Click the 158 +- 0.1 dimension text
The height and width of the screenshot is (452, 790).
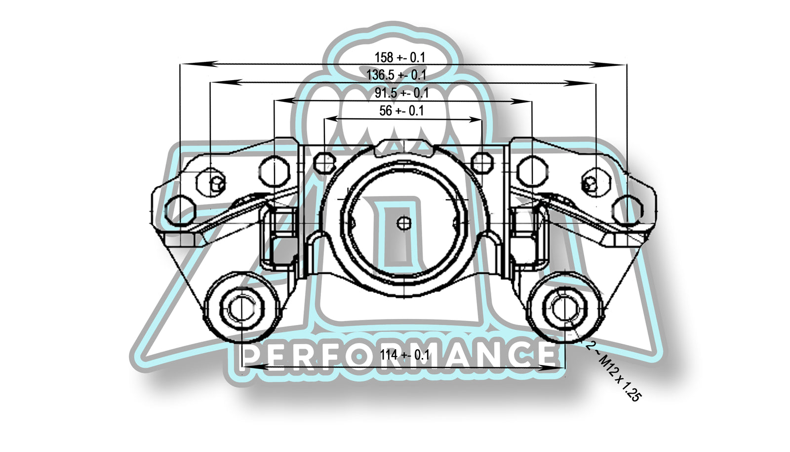(x=399, y=57)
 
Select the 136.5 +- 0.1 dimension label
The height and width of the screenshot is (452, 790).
(x=396, y=75)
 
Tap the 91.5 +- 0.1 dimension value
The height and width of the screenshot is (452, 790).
(x=401, y=93)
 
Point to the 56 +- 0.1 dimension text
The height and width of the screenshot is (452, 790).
(x=401, y=111)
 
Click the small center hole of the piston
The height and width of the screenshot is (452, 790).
(x=404, y=223)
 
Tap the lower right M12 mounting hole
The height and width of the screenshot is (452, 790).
(x=563, y=308)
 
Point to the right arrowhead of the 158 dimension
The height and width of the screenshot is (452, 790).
(x=620, y=64)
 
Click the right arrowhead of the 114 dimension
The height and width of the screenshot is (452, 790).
(x=553, y=367)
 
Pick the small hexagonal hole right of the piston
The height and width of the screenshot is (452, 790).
(x=482, y=161)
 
